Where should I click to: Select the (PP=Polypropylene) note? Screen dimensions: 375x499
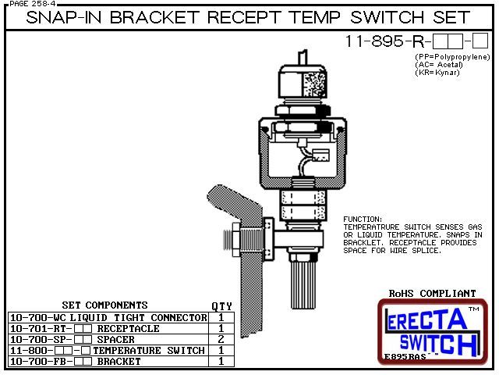451,57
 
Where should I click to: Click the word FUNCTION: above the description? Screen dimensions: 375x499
363,220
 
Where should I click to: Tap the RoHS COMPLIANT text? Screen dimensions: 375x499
432,294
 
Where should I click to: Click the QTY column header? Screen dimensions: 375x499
221,306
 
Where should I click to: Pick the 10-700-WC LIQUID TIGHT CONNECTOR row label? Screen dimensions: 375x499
108,318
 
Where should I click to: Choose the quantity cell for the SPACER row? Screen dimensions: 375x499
221,340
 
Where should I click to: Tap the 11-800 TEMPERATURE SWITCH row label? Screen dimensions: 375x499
107,351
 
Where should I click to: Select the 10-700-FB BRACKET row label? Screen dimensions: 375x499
75,362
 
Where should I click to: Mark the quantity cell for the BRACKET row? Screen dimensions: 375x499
221,362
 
